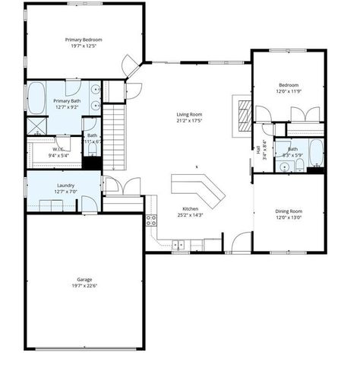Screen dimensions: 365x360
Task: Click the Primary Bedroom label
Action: pyautogui.click(x=84, y=40)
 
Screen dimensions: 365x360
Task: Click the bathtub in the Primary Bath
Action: pyautogui.click(x=37, y=98)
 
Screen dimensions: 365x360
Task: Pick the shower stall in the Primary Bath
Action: pyautogui.click(x=36, y=126)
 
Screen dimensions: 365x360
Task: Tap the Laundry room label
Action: pyautogui.click(x=65, y=185)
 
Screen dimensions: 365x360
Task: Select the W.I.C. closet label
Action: pyautogui.click(x=58, y=149)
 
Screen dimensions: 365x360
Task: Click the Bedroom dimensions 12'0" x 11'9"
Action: pyautogui.click(x=289, y=91)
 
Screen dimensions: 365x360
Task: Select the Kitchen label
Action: pyautogui.click(x=191, y=208)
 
